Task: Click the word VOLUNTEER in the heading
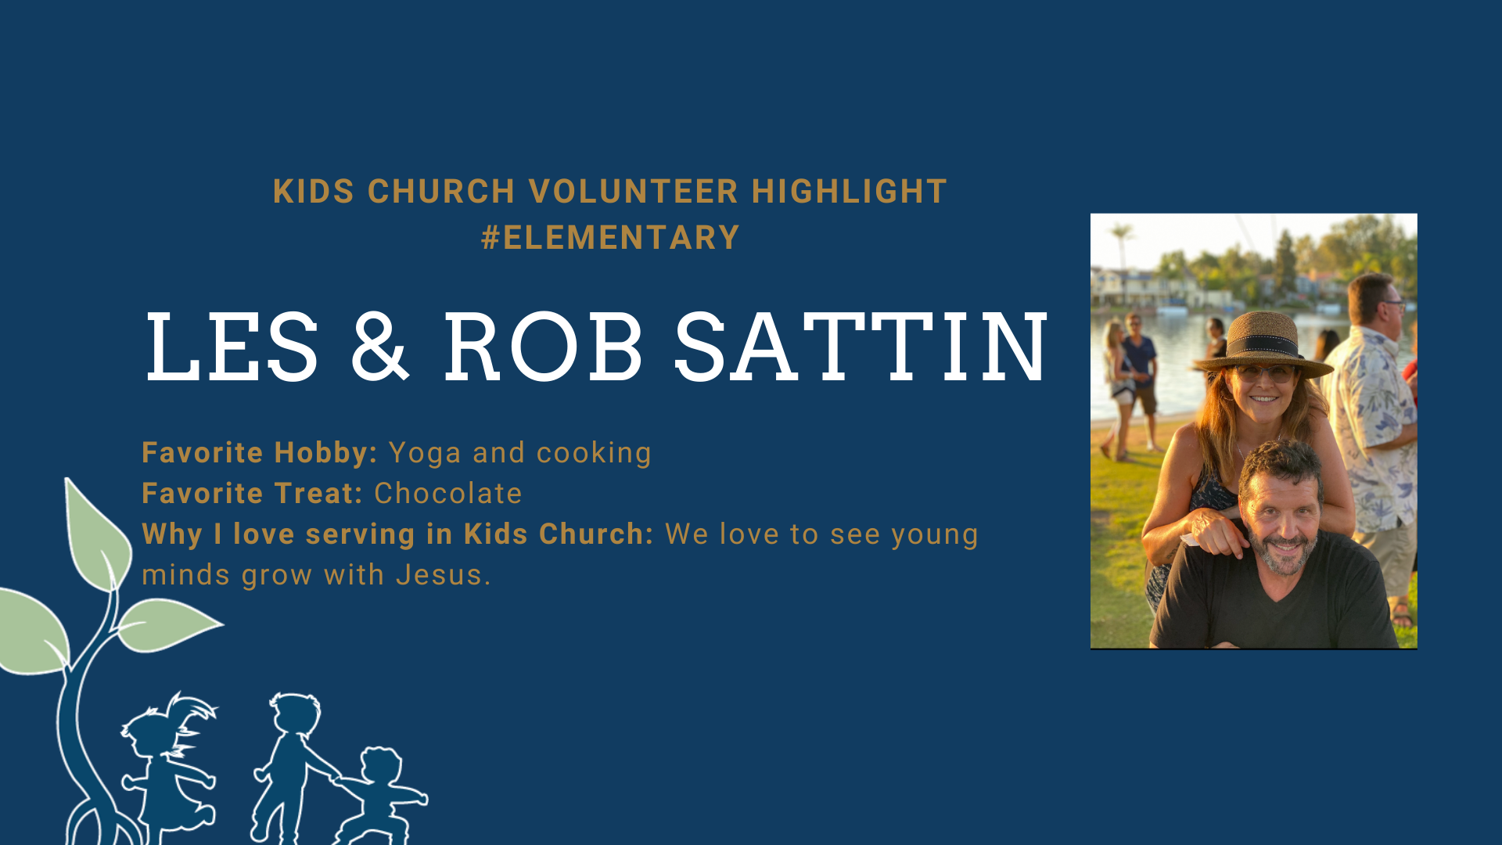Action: coord(634,192)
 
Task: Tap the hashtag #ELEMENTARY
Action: coord(610,238)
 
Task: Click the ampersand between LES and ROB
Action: coord(380,347)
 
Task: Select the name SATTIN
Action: coord(861,347)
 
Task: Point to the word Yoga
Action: coord(425,454)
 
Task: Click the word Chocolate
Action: coord(448,494)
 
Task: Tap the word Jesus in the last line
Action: coord(443,575)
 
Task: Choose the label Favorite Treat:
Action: coord(253,494)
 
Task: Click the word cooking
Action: coord(594,454)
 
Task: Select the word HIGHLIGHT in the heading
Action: coord(850,192)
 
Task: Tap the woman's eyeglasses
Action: coord(1265,374)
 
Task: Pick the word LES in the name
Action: coord(232,347)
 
